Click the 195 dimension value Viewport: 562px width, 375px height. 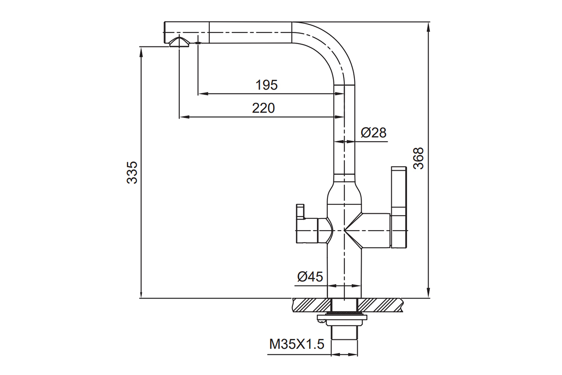coord(266,85)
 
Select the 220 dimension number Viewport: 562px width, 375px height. coord(263,108)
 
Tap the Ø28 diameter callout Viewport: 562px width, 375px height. coord(374,132)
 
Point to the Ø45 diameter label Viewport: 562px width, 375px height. coord(310,277)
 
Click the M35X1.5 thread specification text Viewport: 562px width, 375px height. coord(297,344)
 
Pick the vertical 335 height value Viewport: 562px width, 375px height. coord(132,172)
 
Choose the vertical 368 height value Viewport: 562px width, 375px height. coord(418,158)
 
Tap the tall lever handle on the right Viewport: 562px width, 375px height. coord(399,207)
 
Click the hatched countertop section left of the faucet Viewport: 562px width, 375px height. coord(312,305)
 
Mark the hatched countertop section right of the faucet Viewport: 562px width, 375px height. coord(380,305)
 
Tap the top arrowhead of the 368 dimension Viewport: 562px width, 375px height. coord(429,26)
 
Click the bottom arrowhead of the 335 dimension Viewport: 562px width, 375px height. coord(141,293)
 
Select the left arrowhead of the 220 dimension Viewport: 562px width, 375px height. coord(184,117)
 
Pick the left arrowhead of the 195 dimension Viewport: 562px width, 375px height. coord(203,93)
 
